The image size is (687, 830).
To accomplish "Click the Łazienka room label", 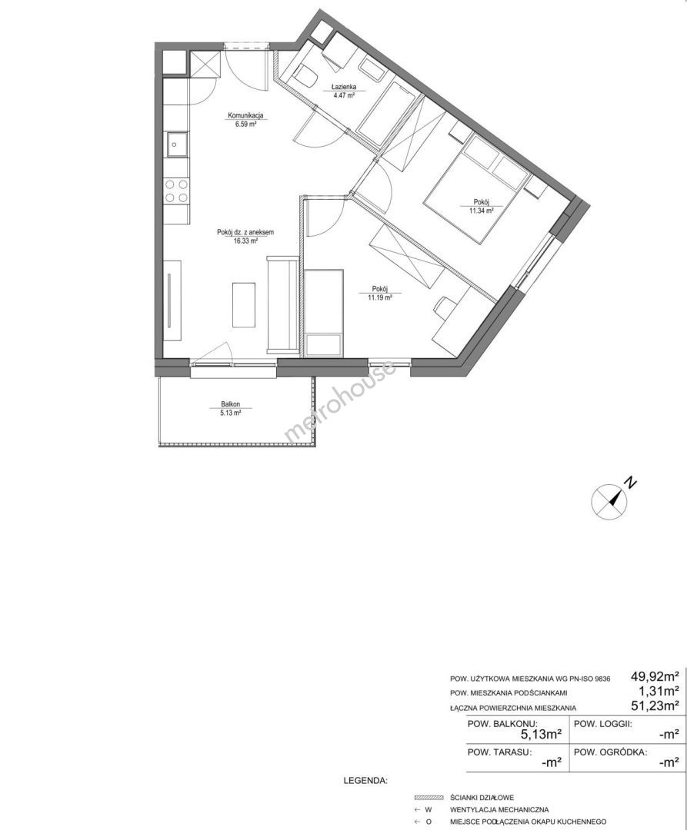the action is coord(344,87).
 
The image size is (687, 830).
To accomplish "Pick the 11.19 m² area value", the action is coord(380,297).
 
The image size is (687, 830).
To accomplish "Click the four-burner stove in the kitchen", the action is coord(176,191).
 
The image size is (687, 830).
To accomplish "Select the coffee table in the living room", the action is coord(244,305).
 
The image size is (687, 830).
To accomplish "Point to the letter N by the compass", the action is coord(630,482).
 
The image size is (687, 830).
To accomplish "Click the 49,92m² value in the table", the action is coord(655,676).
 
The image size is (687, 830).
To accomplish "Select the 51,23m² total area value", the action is coord(655,705).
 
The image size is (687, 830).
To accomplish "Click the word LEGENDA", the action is coord(365,781).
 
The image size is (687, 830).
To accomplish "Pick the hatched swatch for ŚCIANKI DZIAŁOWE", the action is coord(429,797).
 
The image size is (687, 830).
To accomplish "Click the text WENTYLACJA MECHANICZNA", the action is coord(499,809).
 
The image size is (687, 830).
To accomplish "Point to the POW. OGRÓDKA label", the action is coord(610,752).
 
